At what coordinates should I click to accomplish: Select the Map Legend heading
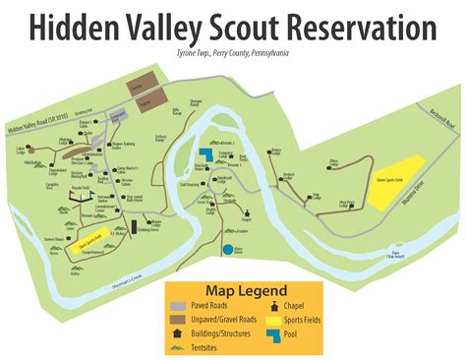tap(246, 290)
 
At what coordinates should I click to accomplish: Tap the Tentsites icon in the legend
tap(175, 346)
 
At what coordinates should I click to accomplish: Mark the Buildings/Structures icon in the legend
tap(176, 333)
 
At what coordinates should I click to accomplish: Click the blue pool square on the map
tap(205, 152)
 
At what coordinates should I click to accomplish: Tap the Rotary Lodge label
tap(276, 151)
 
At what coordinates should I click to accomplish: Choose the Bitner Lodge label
tap(333, 160)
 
